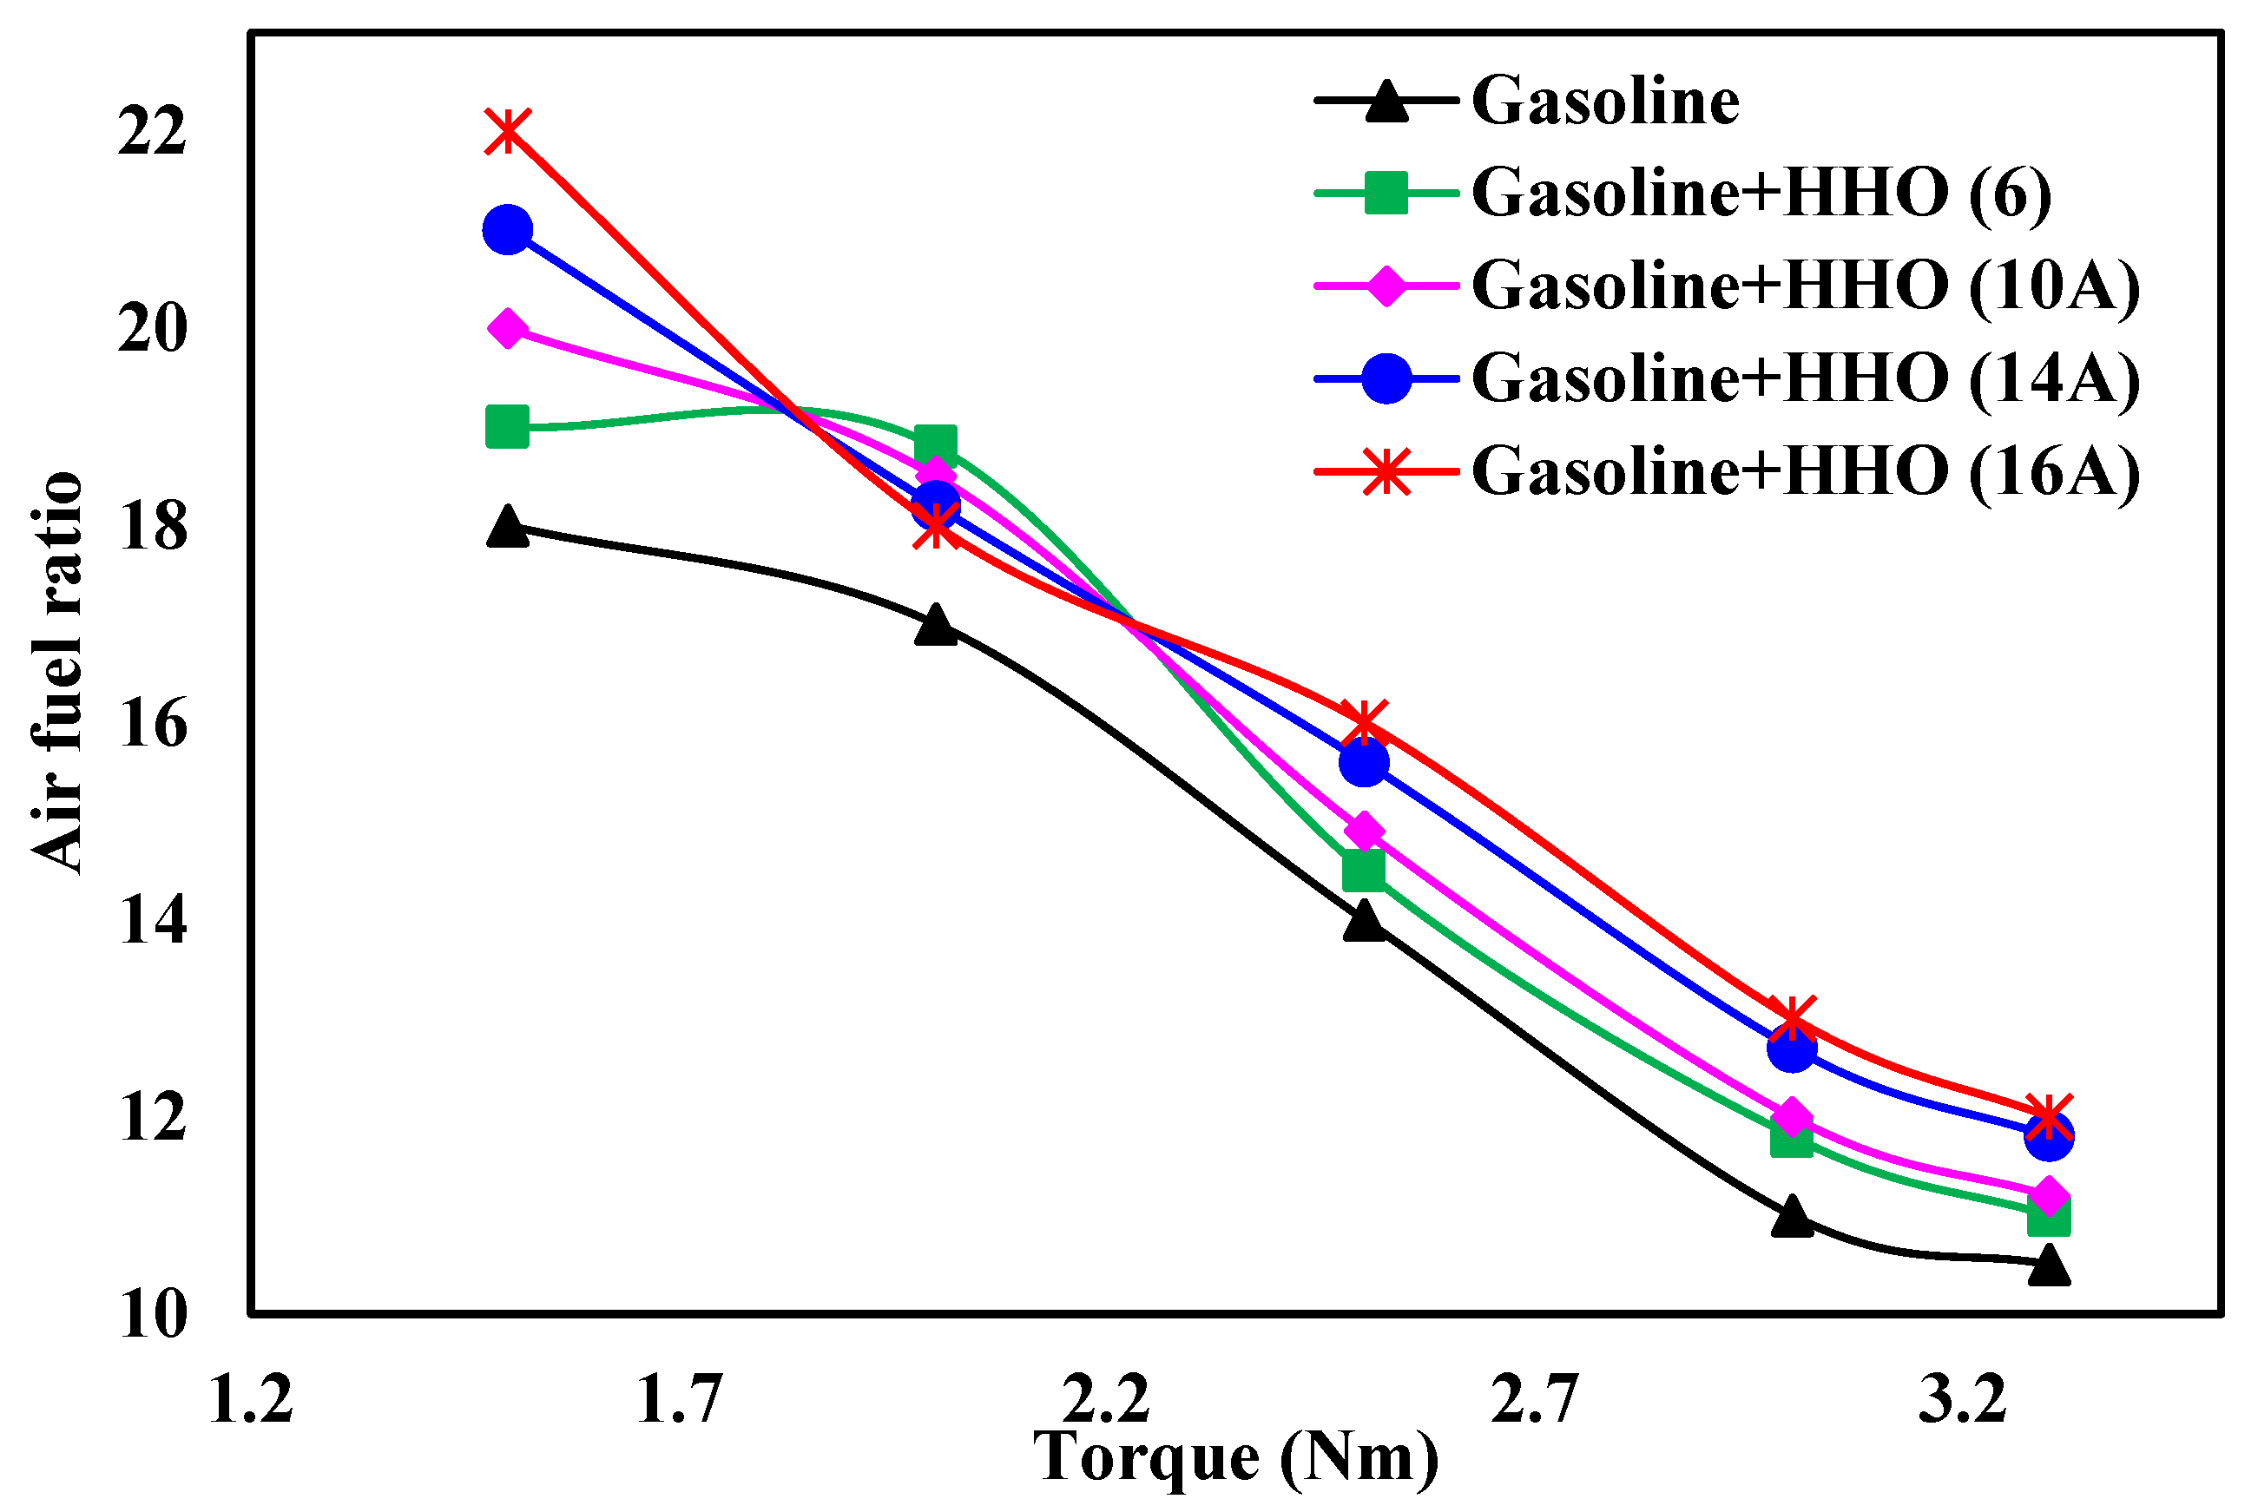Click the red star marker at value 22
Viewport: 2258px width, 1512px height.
coord(507,131)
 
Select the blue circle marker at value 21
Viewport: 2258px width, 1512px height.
coord(507,229)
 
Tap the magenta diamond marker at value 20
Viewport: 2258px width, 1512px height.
coord(507,329)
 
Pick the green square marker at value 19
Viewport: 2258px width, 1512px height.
coord(507,427)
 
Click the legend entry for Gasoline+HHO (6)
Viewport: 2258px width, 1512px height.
coord(1761,193)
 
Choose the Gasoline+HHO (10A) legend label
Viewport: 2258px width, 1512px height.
coord(1805,286)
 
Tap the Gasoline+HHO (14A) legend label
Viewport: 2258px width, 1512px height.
coord(1805,378)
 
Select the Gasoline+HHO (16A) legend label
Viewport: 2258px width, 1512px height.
coord(1805,471)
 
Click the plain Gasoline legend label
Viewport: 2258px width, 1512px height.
coord(1605,101)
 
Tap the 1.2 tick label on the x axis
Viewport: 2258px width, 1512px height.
coord(251,1399)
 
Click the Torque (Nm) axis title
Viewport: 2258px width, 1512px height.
coord(1235,1456)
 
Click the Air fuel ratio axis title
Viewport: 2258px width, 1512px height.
coord(56,673)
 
